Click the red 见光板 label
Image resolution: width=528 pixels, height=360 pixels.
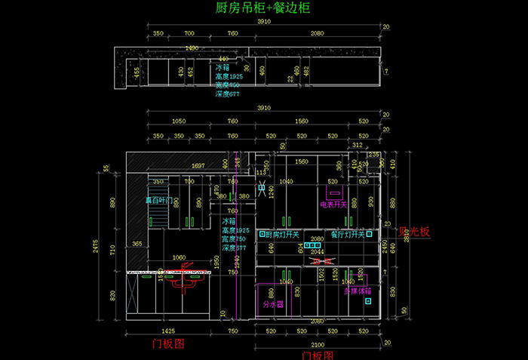(414, 232)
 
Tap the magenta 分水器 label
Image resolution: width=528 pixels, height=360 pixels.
(272, 305)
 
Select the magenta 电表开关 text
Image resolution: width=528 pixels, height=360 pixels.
(333, 204)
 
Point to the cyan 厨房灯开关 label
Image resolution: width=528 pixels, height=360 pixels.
(284, 235)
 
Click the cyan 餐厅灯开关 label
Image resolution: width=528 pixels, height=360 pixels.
(347, 235)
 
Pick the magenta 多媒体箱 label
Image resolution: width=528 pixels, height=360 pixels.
(358, 290)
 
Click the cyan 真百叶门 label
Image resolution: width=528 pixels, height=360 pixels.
(159, 202)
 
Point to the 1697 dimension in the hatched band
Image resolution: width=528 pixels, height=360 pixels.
(198, 165)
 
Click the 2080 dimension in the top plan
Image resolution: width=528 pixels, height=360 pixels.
(317, 33)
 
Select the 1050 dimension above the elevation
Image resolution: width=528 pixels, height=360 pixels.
(179, 121)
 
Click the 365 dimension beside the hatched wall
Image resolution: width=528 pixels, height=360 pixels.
(137, 244)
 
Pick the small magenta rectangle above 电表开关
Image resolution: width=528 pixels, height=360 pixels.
(333, 192)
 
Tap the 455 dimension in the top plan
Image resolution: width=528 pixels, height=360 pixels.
(137, 72)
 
